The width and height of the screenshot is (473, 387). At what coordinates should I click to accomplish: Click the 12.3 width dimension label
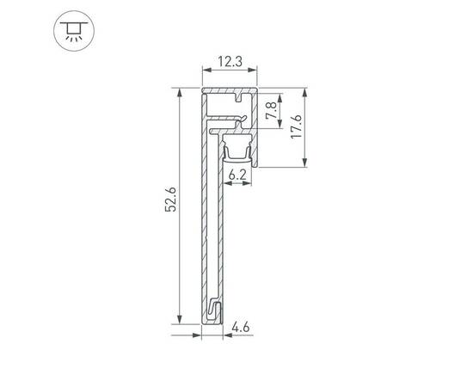(230, 61)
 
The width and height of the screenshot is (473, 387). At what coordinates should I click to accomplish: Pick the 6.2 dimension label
(238, 175)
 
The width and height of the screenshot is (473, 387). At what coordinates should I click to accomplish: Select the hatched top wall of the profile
(230, 89)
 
